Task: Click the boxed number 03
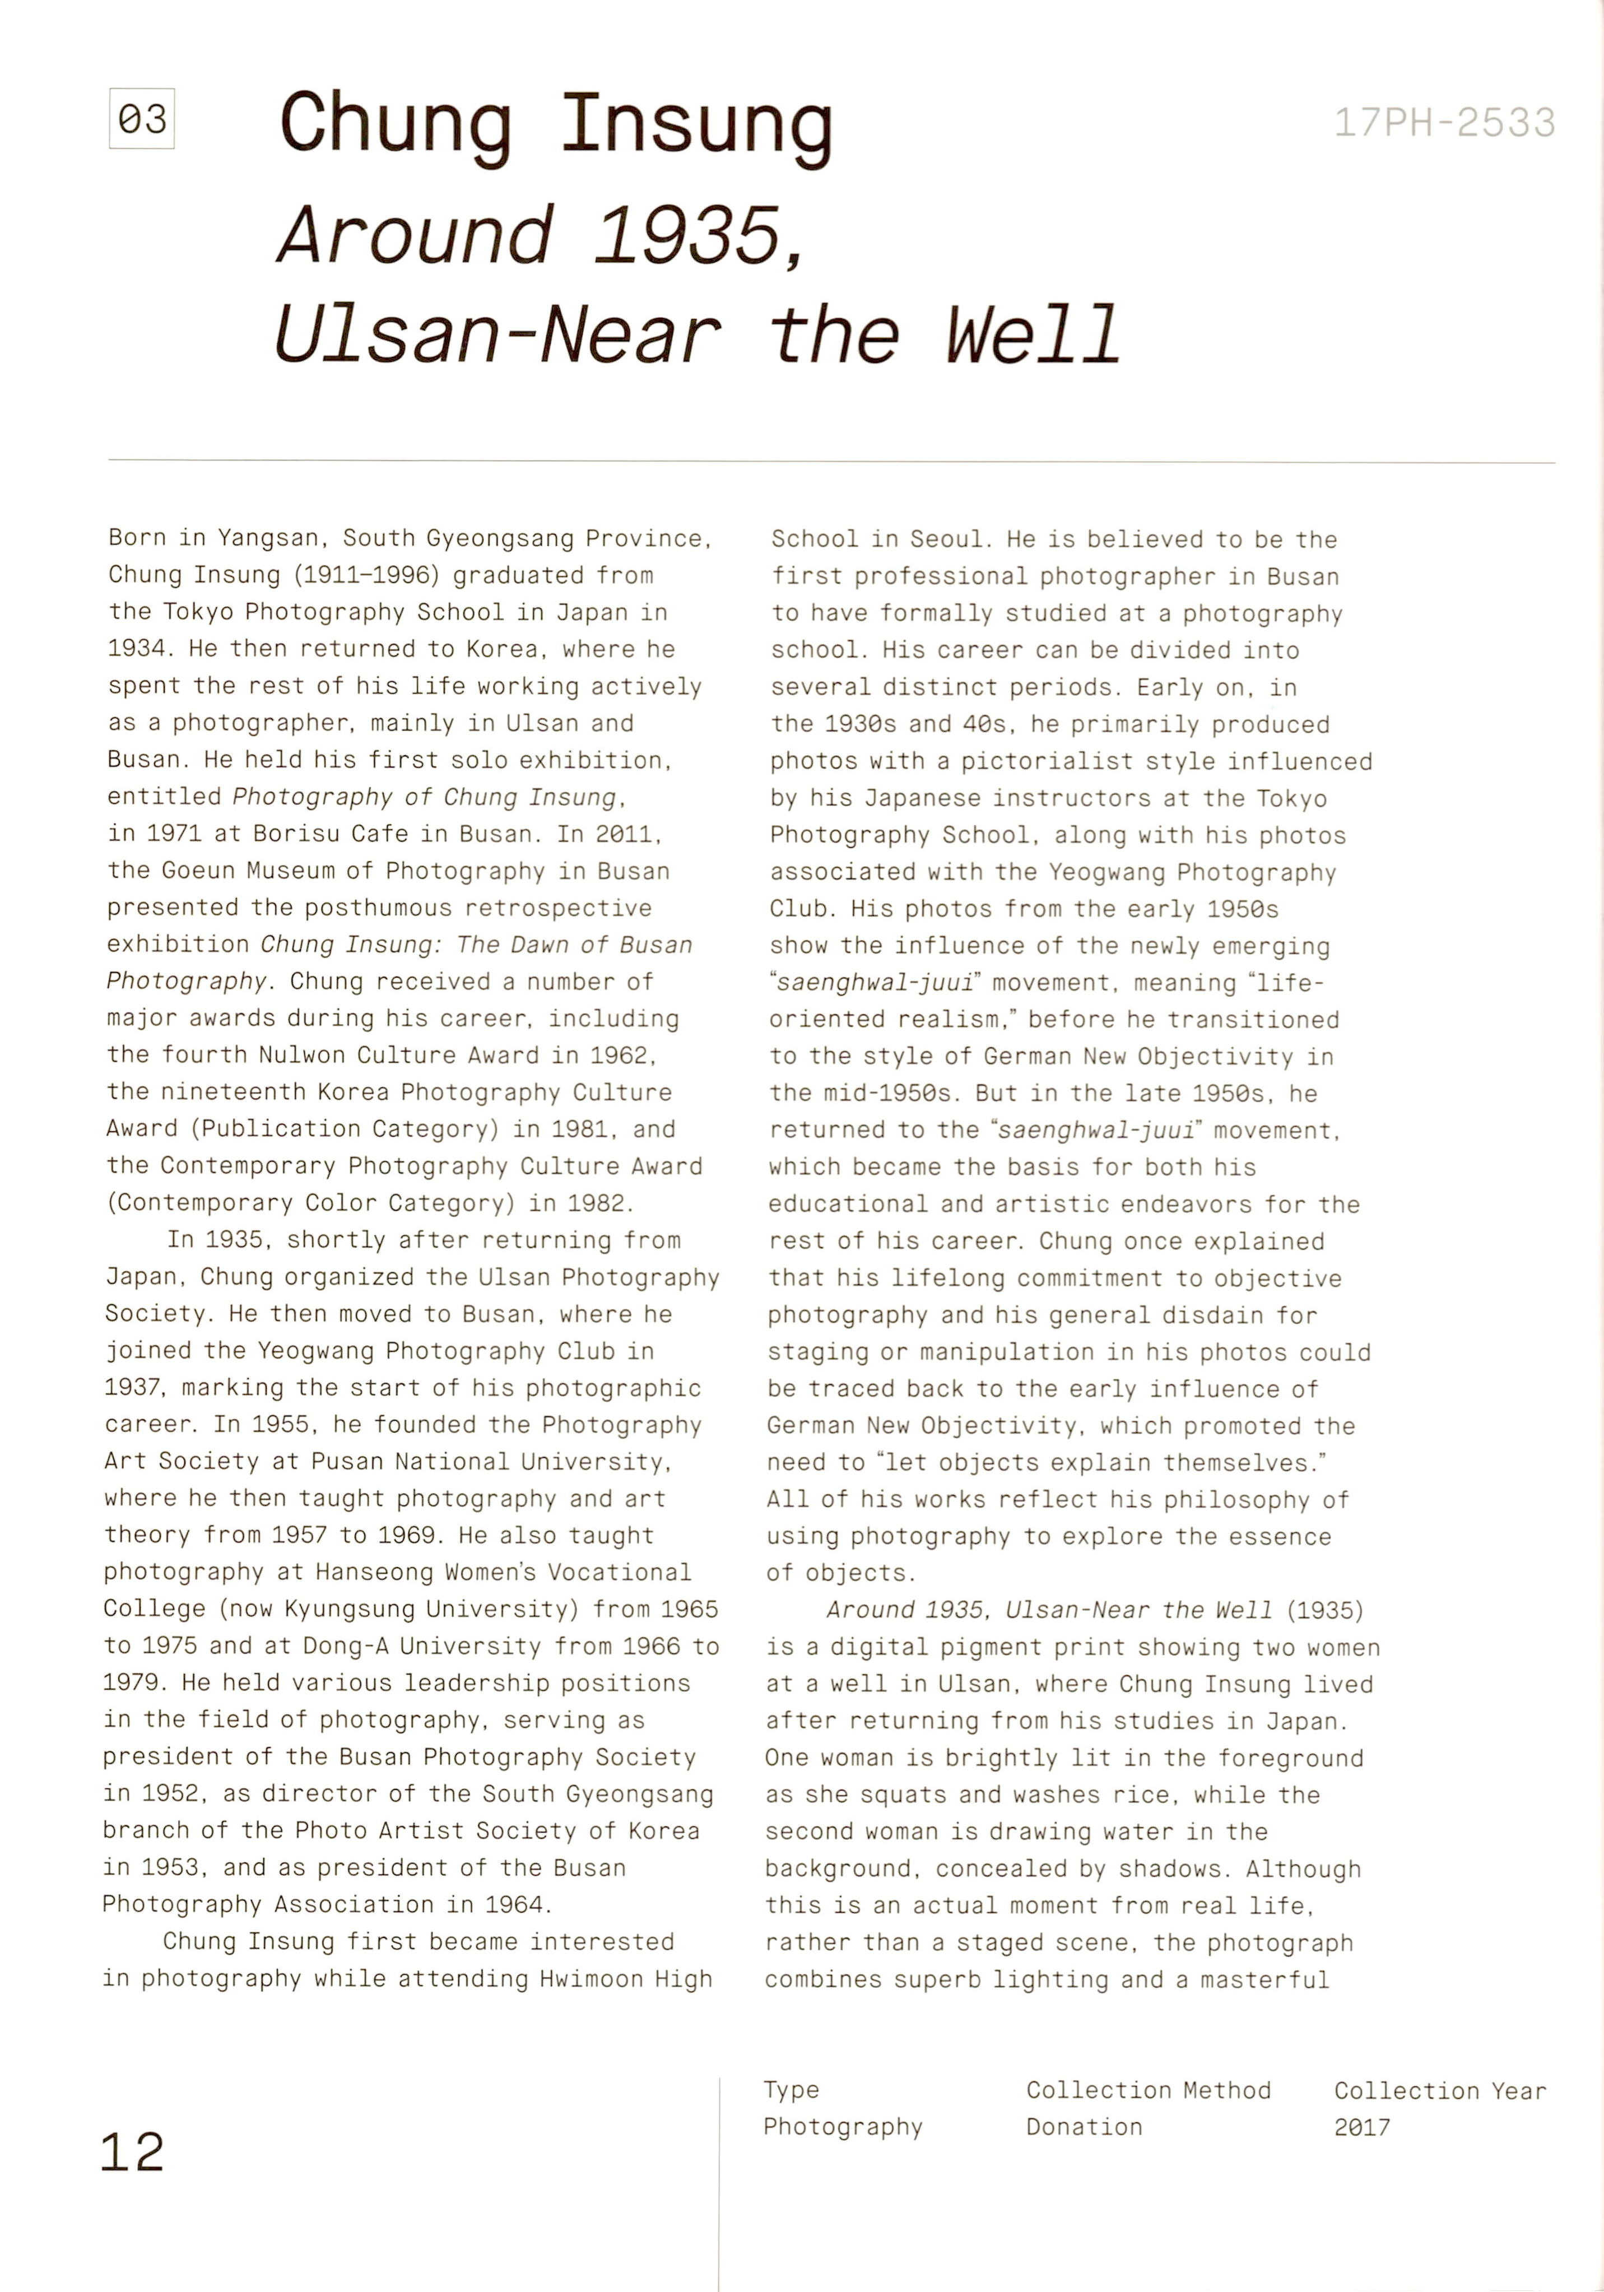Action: pyautogui.click(x=142, y=120)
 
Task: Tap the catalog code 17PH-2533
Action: pyautogui.click(x=1444, y=123)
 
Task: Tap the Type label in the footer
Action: pyautogui.click(x=792, y=2089)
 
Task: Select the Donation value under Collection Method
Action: pyautogui.click(x=1084, y=2126)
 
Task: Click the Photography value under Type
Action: pyautogui.click(x=843, y=2126)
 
